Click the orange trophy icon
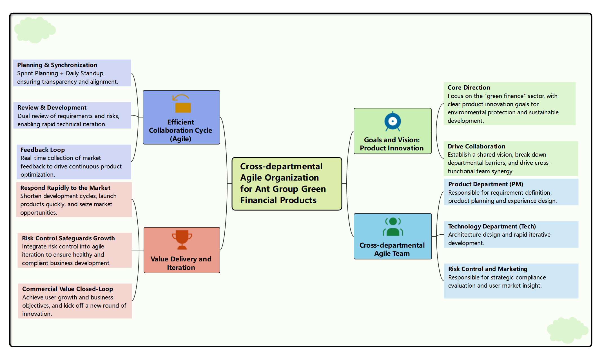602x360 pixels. (x=182, y=240)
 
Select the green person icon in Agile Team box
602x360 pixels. (x=393, y=227)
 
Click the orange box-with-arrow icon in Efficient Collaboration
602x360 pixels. (x=182, y=104)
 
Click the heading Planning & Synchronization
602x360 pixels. (x=57, y=65)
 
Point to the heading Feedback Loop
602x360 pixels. (x=43, y=150)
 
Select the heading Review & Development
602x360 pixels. (x=52, y=108)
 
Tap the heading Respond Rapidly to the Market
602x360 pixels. (x=65, y=188)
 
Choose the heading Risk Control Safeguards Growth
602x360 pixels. (x=68, y=238)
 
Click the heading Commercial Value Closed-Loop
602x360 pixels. (x=68, y=289)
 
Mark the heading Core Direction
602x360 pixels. (x=469, y=88)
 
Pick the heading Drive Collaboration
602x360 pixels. (x=476, y=146)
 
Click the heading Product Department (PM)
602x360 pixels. (x=485, y=184)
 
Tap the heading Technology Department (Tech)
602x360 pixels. (x=492, y=226)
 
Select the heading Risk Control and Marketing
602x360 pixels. (x=487, y=269)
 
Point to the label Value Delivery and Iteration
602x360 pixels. (x=181, y=263)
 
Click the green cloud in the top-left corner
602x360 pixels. (x=35, y=30)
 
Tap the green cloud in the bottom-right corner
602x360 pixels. (x=567, y=330)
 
